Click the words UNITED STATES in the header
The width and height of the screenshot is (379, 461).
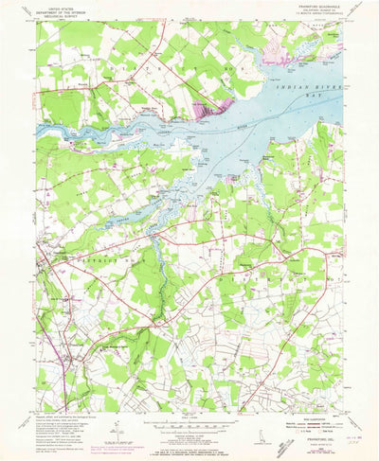[x=60, y=6]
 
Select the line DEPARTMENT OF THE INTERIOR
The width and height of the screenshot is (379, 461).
[x=60, y=9]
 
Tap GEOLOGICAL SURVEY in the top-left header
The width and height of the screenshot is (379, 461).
[x=60, y=14]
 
